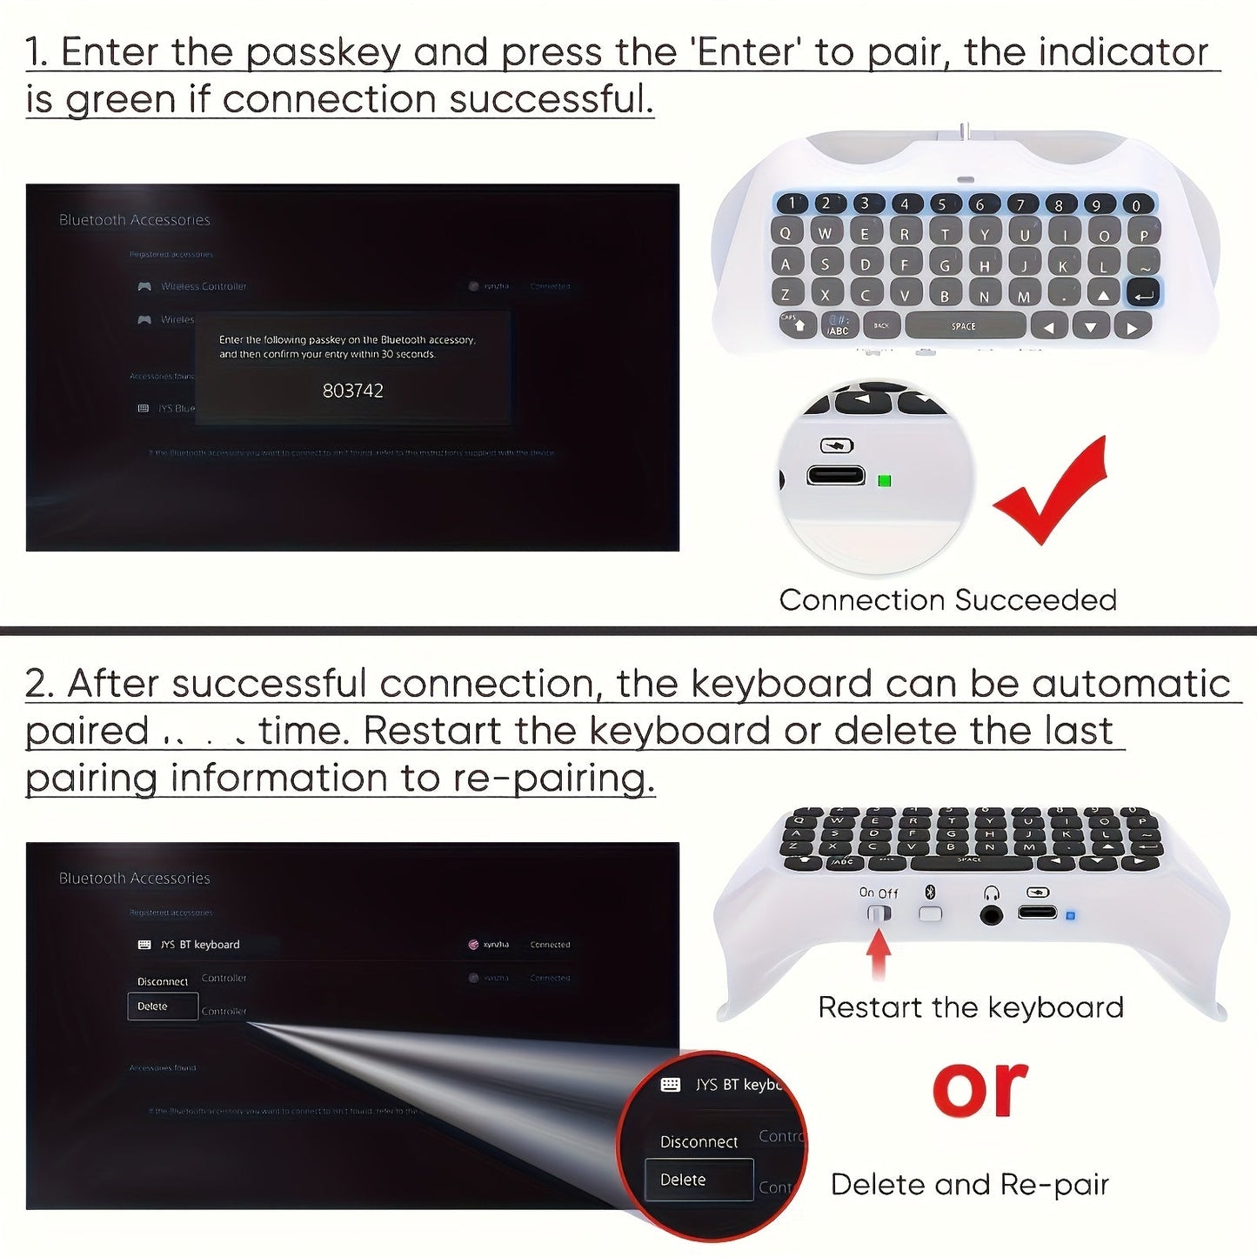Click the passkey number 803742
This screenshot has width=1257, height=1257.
point(352,391)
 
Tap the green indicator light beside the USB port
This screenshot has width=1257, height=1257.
point(885,480)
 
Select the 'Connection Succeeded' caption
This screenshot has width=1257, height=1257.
point(947,600)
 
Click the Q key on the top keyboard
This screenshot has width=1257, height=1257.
point(786,233)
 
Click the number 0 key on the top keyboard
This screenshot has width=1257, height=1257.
point(1135,205)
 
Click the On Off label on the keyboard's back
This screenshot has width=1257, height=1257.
point(878,893)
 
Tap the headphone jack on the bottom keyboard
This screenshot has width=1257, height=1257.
point(991,914)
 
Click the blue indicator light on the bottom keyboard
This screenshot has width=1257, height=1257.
point(1070,916)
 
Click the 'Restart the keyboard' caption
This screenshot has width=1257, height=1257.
point(970,1007)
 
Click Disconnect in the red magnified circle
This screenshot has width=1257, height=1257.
point(699,1141)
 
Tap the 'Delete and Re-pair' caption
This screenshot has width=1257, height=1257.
point(969,1185)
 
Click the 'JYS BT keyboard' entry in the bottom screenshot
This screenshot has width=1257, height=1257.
point(199,945)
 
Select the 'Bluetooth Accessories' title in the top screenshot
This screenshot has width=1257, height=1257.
point(134,220)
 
